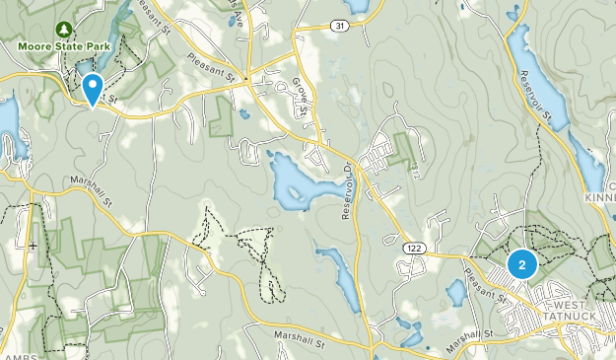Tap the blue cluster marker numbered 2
pyautogui.click(x=521, y=263)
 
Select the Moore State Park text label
pyautogui.click(x=58, y=45)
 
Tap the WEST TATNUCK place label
pyautogui.click(x=575, y=312)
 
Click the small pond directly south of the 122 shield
pyautogui.click(x=455, y=293)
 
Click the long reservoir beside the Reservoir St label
pyautogui.click(x=532, y=64)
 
